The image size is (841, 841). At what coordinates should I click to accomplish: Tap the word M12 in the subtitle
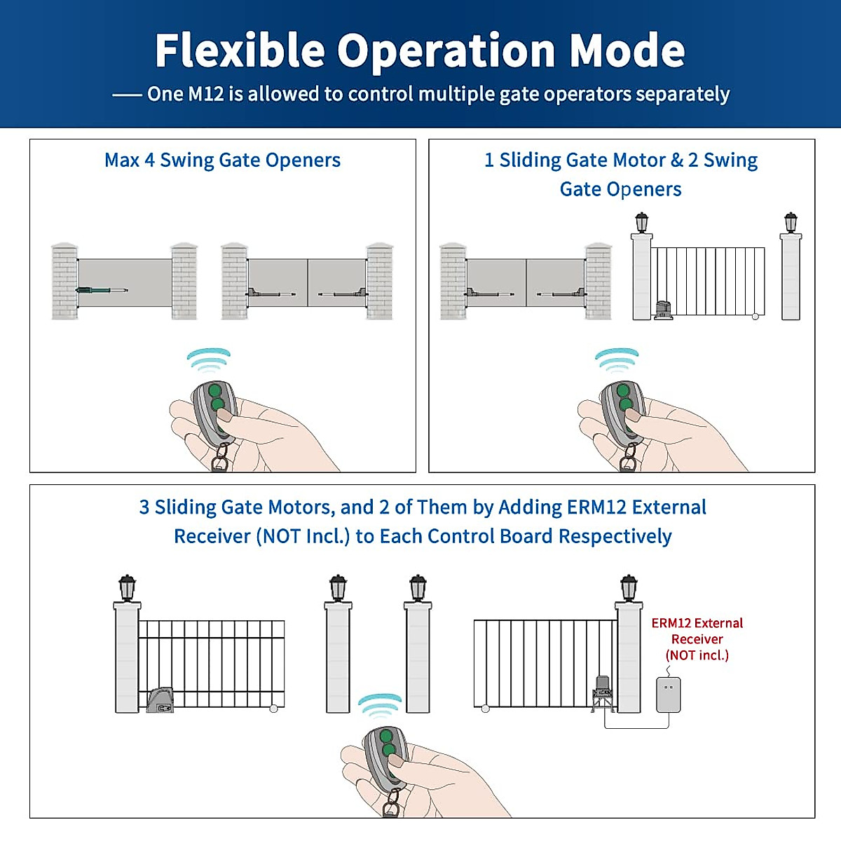click(205, 94)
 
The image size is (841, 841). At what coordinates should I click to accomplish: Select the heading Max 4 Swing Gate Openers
click(222, 160)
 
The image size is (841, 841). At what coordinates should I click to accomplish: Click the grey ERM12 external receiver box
click(668, 695)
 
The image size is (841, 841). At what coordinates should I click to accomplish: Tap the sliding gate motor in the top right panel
click(663, 310)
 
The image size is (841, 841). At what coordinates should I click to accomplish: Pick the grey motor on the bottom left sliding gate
click(160, 700)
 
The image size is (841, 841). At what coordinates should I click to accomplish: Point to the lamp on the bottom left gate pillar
click(127, 587)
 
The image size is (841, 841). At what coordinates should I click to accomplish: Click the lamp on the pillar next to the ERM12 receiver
click(629, 587)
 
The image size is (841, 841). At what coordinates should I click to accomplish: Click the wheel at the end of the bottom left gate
click(274, 709)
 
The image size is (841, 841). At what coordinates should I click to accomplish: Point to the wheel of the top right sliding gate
click(755, 317)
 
